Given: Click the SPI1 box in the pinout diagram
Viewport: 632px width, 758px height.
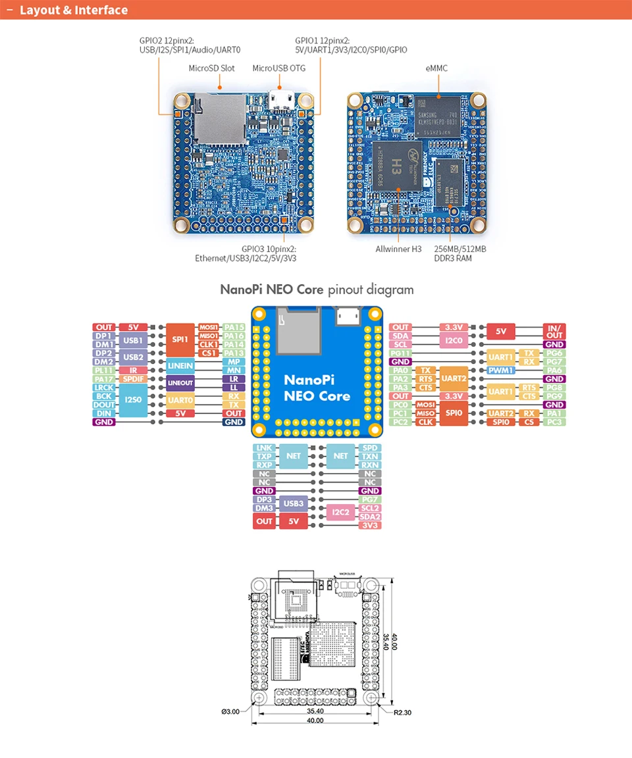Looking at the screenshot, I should [180, 340].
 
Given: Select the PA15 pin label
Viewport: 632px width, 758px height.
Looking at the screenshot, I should [234, 327].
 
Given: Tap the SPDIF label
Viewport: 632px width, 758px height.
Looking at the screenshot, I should [134, 379].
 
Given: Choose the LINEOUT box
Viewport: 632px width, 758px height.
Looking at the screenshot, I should [180, 383].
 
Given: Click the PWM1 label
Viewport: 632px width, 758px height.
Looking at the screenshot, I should [502, 370].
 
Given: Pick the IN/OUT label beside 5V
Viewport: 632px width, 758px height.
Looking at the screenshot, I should [554, 331].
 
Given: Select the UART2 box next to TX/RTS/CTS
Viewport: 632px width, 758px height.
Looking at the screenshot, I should [454, 379].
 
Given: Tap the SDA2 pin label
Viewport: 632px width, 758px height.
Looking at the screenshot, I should [370, 517].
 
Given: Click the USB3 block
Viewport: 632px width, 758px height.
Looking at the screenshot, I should [296, 503].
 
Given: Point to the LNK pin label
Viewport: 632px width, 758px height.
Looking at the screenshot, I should [264, 447].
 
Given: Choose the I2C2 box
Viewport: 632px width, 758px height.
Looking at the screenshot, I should [341, 512].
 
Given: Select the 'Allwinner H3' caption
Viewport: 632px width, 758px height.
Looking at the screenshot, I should [398, 249].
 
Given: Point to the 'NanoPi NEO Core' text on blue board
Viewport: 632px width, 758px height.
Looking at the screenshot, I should [317, 388].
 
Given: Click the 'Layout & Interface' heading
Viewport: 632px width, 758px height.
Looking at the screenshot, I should [74, 10].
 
